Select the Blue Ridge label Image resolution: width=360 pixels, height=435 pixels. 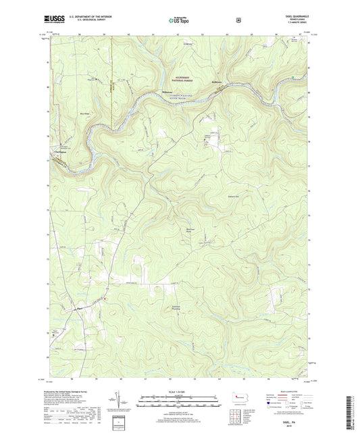click(84, 113)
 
